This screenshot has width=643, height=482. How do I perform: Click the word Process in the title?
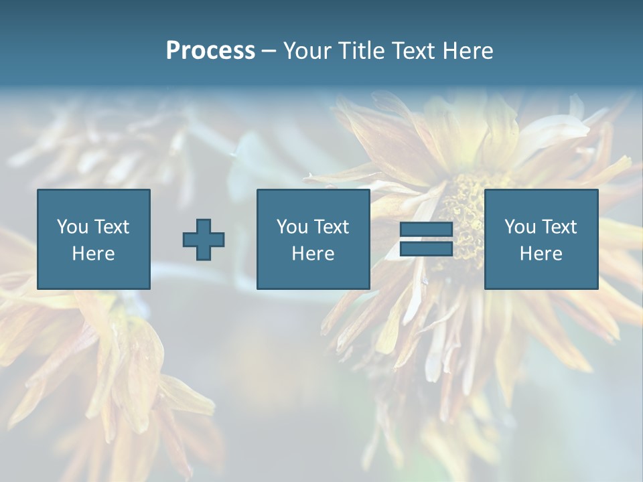click(x=210, y=51)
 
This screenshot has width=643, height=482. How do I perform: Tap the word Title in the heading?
click(x=362, y=51)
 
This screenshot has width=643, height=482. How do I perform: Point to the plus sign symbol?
click(x=204, y=240)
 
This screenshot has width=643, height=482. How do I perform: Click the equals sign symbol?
click(x=426, y=239)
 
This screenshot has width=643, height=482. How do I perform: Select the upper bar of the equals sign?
click(x=426, y=230)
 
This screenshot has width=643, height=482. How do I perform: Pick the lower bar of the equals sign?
click(x=426, y=248)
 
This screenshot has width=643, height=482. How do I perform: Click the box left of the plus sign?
click(x=94, y=239)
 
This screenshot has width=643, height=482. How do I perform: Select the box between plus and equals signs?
click(x=313, y=239)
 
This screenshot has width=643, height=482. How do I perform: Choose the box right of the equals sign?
click(x=541, y=239)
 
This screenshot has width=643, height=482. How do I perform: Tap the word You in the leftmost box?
click(x=72, y=227)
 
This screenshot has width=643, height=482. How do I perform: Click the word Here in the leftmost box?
click(x=94, y=254)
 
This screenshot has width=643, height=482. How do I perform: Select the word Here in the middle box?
click(x=313, y=254)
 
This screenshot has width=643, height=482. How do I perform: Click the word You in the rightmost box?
click(x=520, y=227)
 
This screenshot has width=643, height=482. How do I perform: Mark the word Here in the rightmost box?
click(x=541, y=254)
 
